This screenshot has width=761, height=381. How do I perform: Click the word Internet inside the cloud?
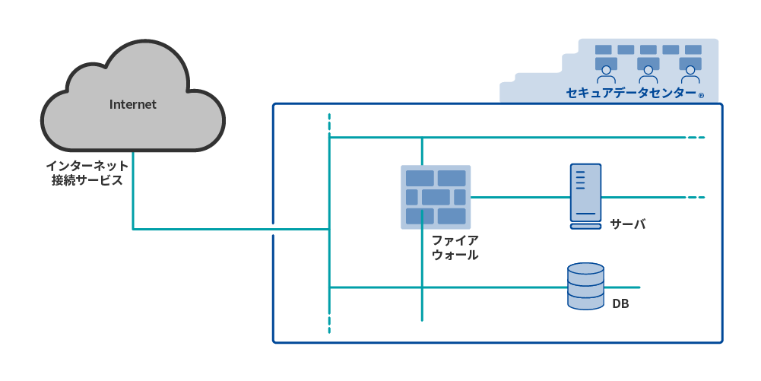(x=133, y=105)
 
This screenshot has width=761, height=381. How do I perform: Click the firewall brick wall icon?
(x=436, y=197)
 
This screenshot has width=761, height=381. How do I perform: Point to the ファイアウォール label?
(x=455, y=248)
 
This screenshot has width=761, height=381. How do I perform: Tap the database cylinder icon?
(x=585, y=287)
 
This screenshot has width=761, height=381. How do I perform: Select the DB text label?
(x=620, y=305)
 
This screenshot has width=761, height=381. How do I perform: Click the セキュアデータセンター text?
(x=631, y=94)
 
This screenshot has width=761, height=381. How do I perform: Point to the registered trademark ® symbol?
(x=701, y=97)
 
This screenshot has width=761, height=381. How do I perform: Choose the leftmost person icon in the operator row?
(x=606, y=75)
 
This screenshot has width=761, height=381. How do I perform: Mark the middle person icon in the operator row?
(x=648, y=75)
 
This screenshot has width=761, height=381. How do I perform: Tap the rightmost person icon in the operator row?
(x=690, y=75)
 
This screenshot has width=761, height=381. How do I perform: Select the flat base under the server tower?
(x=585, y=226)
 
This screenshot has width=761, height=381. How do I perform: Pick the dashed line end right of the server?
(x=696, y=197)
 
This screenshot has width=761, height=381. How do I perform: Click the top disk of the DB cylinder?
(x=585, y=270)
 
